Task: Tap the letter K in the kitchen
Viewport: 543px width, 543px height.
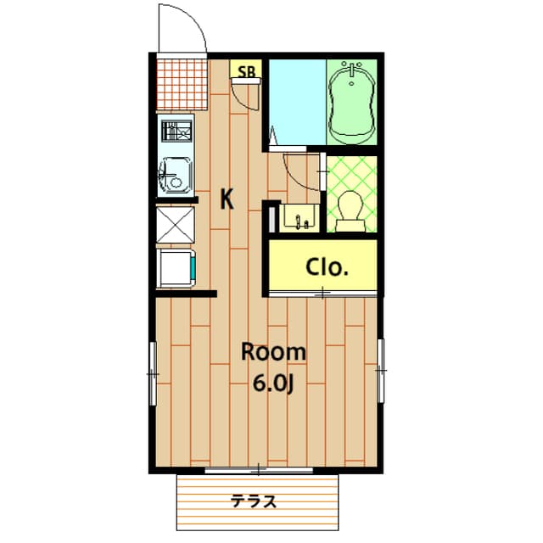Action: tap(227, 199)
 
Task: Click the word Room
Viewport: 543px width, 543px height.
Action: tap(272, 351)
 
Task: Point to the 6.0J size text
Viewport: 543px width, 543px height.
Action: tap(272, 383)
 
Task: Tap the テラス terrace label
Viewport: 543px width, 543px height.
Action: tap(255, 501)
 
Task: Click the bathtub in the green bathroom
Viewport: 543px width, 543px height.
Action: tap(352, 102)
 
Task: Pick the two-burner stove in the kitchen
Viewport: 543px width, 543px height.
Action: tap(176, 132)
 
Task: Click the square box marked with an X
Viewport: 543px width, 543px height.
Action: tap(176, 225)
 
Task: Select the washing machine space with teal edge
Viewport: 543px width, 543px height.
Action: tap(177, 268)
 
